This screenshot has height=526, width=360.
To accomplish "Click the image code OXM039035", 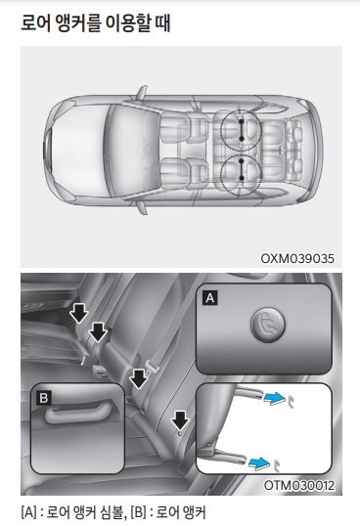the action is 297,258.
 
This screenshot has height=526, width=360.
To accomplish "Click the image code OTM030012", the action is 299,485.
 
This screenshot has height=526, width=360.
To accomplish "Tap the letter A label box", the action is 210,298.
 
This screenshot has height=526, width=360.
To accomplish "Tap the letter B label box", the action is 44,398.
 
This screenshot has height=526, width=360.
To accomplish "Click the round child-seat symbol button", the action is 268,325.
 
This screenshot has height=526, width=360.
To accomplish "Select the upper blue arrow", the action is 274,398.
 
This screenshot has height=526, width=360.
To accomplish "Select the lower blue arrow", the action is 259,463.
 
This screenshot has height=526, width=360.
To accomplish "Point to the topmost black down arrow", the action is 79,315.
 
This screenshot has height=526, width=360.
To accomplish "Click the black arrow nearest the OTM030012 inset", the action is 181,420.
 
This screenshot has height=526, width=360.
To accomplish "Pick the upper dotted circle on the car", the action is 241,130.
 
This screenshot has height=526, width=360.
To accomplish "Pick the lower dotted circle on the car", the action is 241,175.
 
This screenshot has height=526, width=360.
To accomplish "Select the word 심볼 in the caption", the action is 113,512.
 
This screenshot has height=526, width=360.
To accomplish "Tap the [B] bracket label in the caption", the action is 139,512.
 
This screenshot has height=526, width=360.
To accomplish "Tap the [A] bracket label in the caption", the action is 28,512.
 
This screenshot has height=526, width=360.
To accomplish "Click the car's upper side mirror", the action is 142,92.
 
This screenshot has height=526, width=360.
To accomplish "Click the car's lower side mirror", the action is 142,208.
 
